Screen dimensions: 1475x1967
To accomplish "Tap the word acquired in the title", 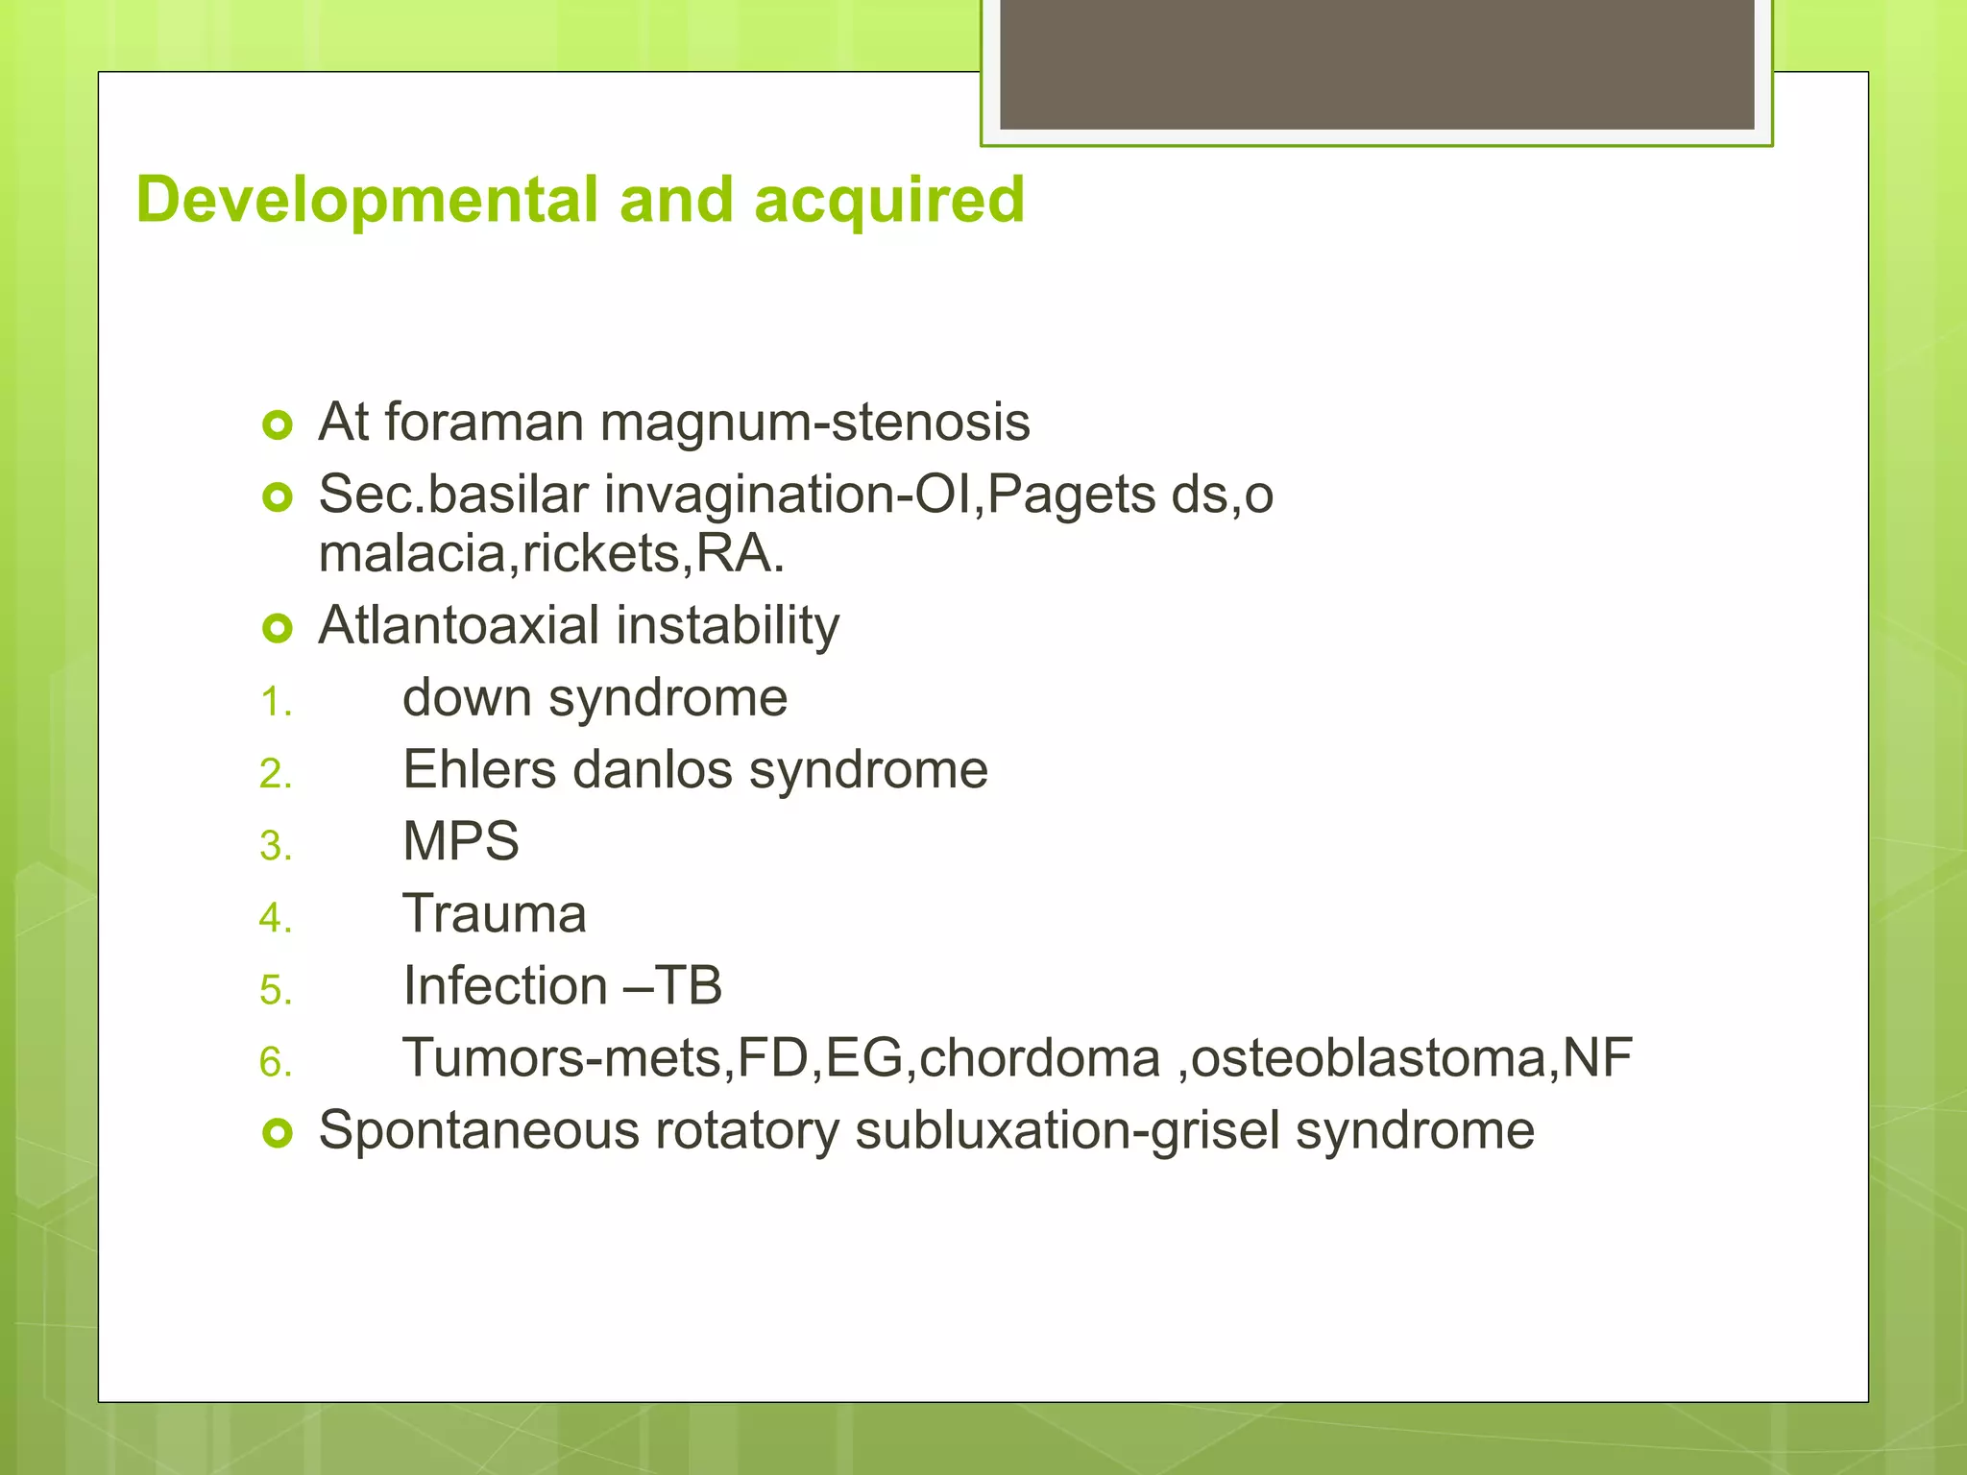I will click(x=889, y=201).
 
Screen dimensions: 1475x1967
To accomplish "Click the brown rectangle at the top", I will click(x=1376, y=63).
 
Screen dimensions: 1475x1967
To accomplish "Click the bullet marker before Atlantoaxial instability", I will click(x=278, y=629).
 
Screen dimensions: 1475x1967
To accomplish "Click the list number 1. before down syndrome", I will click(x=276, y=703).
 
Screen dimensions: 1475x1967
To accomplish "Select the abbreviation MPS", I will click(x=460, y=842).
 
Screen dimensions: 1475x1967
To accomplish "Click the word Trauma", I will click(x=494, y=914).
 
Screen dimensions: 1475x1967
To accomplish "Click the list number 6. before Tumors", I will click(x=276, y=1063).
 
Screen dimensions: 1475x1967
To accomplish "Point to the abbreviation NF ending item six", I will click(x=1597, y=1058).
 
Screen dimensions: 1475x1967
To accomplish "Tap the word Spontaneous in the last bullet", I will click(x=478, y=1131).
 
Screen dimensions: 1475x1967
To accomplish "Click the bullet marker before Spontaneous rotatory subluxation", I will click(x=278, y=1134).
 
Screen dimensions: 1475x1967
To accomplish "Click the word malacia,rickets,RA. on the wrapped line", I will click(x=551, y=554).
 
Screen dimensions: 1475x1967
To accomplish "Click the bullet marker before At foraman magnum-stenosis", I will click(x=278, y=424).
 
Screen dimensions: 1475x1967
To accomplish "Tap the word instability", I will click(x=727, y=626).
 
